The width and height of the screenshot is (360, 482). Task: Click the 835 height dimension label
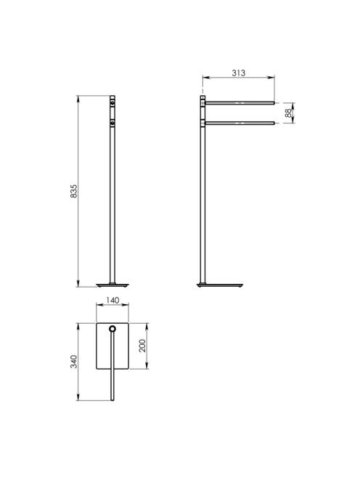coord(74,191)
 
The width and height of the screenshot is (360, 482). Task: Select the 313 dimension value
coord(239,73)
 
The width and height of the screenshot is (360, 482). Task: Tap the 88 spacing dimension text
coord(288,113)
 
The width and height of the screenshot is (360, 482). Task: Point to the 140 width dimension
coord(112,300)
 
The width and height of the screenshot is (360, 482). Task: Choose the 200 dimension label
coord(142,346)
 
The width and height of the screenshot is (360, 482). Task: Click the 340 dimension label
coord(74,361)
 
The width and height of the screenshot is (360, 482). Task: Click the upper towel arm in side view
coord(240,103)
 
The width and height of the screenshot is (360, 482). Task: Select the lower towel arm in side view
coord(240,123)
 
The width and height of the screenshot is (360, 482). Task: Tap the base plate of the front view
coord(112,285)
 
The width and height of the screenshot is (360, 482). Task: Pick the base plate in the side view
coord(220,285)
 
